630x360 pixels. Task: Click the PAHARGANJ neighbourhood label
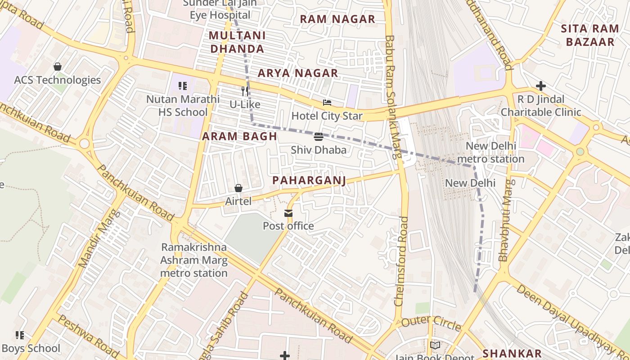pyautogui.click(x=309, y=180)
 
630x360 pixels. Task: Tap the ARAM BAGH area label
pyautogui.click(x=239, y=136)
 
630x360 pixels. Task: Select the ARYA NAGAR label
pyautogui.click(x=297, y=73)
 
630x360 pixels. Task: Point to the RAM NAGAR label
pyautogui.click(x=337, y=19)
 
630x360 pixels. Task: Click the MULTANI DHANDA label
pyautogui.click(x=237, y=42)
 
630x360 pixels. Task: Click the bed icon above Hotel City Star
pyautogui.click(x=327, y=103)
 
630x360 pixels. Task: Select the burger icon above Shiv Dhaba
pyautogui.click(x=319, y=136)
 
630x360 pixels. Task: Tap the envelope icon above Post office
pyautogui.click(x=288, y=213)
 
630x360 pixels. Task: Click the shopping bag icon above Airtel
pyautogui.click(x=238, y=188)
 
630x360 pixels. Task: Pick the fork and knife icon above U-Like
pyautogui.click(x=245, y=91)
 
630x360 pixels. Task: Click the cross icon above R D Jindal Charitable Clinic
pyautogui.click(x=541, y=85)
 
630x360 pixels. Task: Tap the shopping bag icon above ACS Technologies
pyautogui.click(x=58, y=67)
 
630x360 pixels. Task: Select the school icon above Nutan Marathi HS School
pyautogui.click(x=183, y=85)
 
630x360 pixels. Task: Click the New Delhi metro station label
pyautogui.click(x=490, y=153)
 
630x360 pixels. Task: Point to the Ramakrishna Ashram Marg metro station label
pyautogui.click(x=194, y=260)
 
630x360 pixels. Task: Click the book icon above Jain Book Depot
pyautogui.click(x=435, y=345)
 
